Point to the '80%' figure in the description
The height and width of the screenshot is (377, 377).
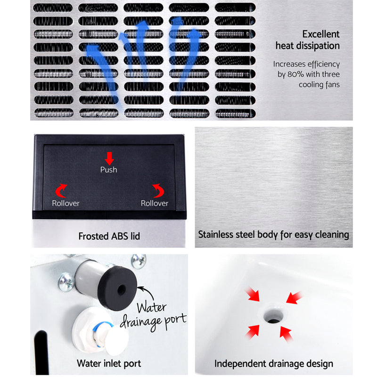click(297, 74)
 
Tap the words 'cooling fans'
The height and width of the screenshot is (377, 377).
click(319, 85)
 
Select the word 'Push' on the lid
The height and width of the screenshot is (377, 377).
click(108, 169)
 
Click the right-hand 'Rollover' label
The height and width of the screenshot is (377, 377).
click(155, 203)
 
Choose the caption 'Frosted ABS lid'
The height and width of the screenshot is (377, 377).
click(109, 236)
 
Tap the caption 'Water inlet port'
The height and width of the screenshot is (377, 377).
click(108, 363)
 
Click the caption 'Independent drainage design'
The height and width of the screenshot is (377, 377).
click(273, 363)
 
